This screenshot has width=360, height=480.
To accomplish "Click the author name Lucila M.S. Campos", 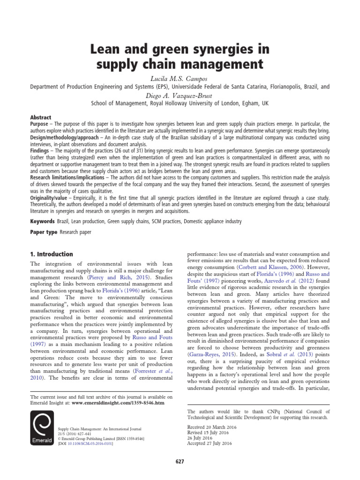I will tap(180, 78).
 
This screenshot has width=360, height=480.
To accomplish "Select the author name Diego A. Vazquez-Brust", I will tap(180, 95).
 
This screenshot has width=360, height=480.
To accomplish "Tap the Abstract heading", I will tap(41, 117).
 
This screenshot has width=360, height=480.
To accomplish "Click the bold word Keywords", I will tap(45, 221).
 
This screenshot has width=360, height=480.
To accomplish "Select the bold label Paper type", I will tap(44, 232).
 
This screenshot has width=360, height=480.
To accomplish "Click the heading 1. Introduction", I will tap(52, 254).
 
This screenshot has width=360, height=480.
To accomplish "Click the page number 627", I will tap(180, 462).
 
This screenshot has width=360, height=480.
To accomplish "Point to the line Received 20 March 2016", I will tap(211, 427).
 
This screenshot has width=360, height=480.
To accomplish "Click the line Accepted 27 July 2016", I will tap(210, 442).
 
